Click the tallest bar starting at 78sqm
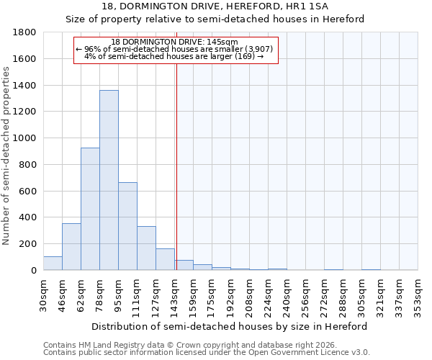pos(109,180)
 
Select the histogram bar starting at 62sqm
pos(90,209)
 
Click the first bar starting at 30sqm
pos(53,264)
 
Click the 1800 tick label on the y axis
pos(25,32)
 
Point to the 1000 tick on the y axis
pos(25,138)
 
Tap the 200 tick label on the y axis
pos(28,244)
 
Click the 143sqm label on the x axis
pos(175,295)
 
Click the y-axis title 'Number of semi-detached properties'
pos(7,155)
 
